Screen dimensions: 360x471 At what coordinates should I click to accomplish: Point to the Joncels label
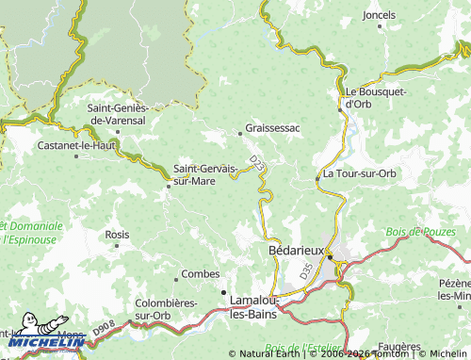point(379,15)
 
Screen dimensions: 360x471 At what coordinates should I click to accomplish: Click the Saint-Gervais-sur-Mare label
point(205,175)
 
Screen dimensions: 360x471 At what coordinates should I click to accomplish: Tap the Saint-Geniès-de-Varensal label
point(117,114)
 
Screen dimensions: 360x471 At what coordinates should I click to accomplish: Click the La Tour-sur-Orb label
point(359,174)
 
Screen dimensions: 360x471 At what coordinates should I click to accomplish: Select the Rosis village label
point(118,234)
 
